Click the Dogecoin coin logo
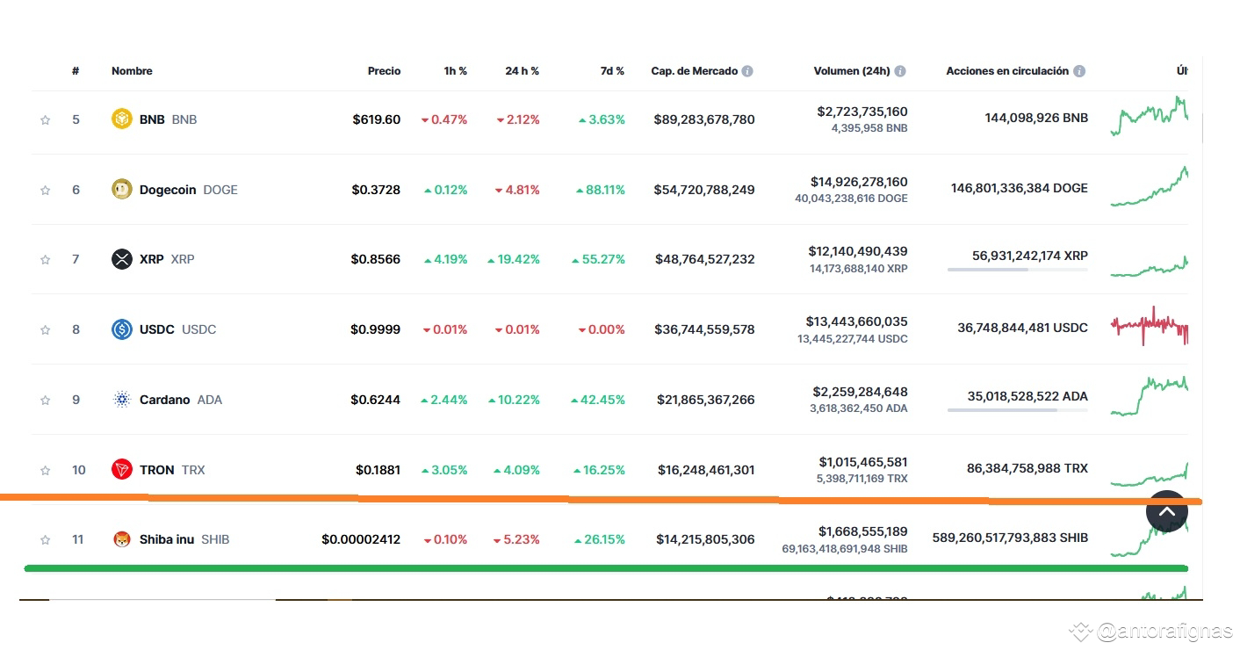pyautogui.click(x=122, y=190)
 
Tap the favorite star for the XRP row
pyautogui.click(x=46, y=260)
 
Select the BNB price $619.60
pyautogui.click(x=377, y=119)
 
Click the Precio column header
pyautogui.click(x=384, y=71)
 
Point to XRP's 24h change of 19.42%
pyautogui.click(x=513, y=259)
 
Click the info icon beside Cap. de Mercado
pyautogui.click(x=747, y=71)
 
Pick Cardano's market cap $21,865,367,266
pyautogui.click(x=706, y=400)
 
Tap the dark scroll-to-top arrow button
pyautogui.click(x=1167, y=511)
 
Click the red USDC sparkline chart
pyautogui.click(x=1150, y=326)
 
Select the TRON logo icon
pyautogui.click(x=122, y=470)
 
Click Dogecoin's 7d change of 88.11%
pyautogui.click(x=601, y=190)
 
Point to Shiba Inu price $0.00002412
pyautogui.click(x=361, y=539)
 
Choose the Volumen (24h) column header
pyautogui.click(x=852, y=71)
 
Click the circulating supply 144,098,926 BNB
pyautogui.click(x=1036, y=118)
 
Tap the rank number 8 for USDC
pyautogui.click(x=76, y=329)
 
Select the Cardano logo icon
pyautogui.click(x=122, y=399)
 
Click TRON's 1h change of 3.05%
pyautogui.click(x=444, y=470)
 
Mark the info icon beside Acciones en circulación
pyautogui.click(x=1079, y=71)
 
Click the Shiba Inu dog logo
pyautogui.click(x=122, y=538)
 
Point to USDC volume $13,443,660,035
pyautogui.click(x=856, y=321)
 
